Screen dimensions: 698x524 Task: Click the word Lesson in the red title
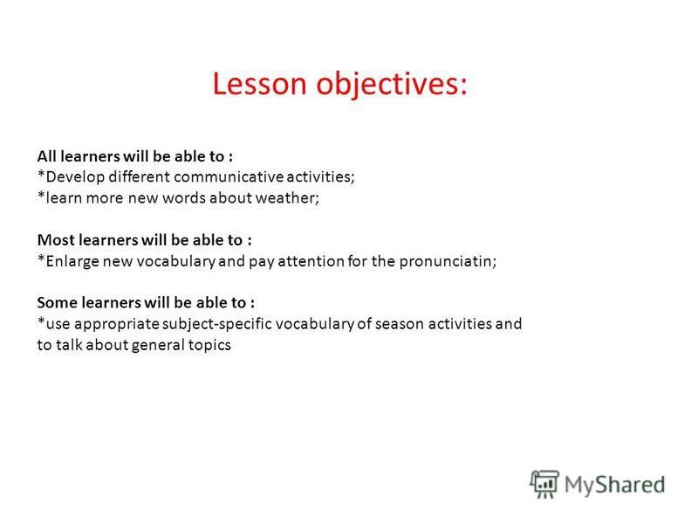pyautogui.click(x=259, y=84)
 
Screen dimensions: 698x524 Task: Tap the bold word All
pyautogui.click(x=47, y=156)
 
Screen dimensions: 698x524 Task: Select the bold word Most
pyautogui.click(x=56, y=240)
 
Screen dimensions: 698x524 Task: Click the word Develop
pyautogui.click(x=75, y=177)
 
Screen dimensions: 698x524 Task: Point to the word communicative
pyautogui.click(x=229, y=177)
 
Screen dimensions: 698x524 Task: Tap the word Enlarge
pyautogui.click(x=72, y=261)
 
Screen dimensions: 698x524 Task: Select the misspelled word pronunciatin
pyautogui.click(x=448, y=261)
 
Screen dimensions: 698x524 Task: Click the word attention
pyautogui.click(x=311, y=261)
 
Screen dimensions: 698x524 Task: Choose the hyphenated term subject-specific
pyautogui.click(x=216, y=324)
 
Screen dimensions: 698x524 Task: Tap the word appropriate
pyautogui.click(x=117, y=325)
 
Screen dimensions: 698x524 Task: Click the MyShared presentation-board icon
pyautogui.click(x=544, y=484)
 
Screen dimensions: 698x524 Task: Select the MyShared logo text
pyautogui.click(x=615, y=485)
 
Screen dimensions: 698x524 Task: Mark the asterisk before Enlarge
pyautogui.click(x=41, y=259)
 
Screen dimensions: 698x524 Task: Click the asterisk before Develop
pyautogui.click(x=41, y=174)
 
